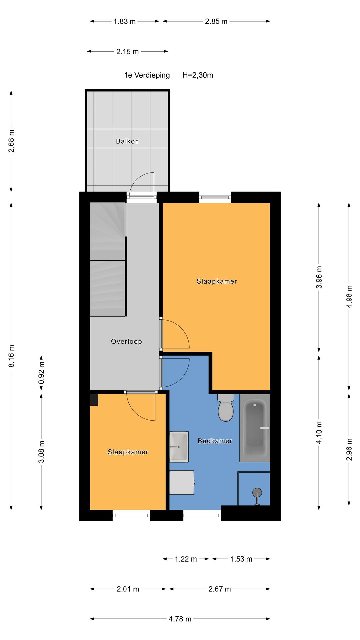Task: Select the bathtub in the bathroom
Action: pos(255,428)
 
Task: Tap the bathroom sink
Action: pos(179,446)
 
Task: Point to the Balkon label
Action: pos(127,141)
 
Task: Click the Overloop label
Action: pos(126,341)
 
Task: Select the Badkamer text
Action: pos(215,441)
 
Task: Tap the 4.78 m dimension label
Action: pos(180,619)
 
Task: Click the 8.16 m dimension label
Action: pos(11,356)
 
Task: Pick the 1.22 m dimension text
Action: pos(186,559)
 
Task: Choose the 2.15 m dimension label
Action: pos(127,52)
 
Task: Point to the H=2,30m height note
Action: pos(198,75)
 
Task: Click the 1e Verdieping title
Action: pos(147,75)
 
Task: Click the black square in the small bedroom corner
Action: pos(94,400)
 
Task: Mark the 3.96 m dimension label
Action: pos(319,277)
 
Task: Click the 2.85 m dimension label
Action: pos(216,22)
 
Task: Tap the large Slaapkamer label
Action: pos(217,281)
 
